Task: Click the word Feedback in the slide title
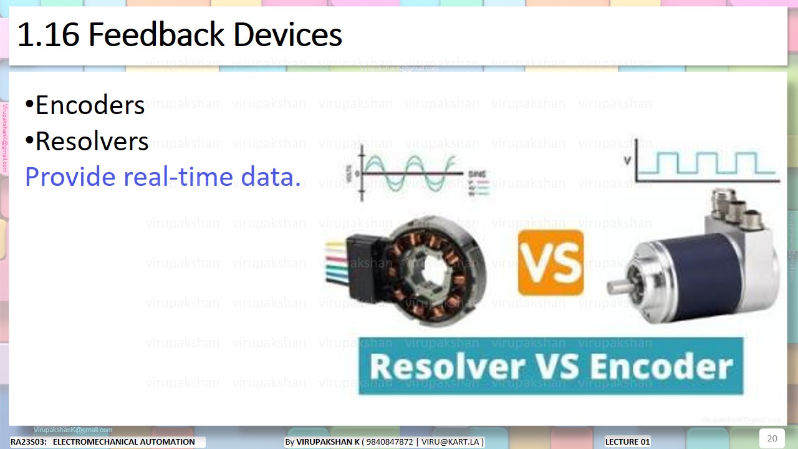(x=157, y=35)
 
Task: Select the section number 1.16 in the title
(x=47, y=35)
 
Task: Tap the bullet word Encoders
(x=90, y=105)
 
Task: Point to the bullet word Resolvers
(x=92, y=142)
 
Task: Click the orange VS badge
(x=550, y=263)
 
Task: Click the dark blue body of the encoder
(x=698, y=274)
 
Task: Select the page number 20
(x=772, y=438)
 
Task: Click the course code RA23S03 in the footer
(x=28, y=442)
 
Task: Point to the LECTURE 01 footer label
(x=627, y=442)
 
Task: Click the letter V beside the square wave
(x=626, y=162)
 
